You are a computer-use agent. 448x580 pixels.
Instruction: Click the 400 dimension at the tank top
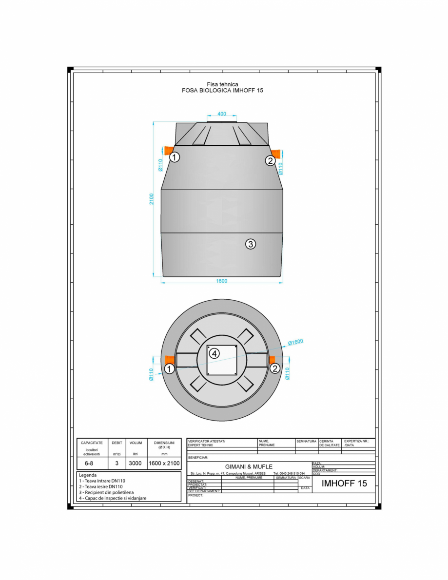pos(222,114)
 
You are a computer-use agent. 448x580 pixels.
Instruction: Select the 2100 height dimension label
pos(152,199)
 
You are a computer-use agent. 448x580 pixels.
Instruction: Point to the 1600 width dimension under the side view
pos(222,281)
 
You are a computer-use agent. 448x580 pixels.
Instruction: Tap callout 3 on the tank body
pos(250,244)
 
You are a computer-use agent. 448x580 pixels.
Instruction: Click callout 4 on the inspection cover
pos(214,354)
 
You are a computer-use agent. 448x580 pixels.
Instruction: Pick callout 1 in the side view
pos(175,157)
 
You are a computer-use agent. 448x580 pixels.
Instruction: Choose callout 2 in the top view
pos(274,368)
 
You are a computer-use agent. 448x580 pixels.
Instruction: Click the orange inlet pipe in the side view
pos(168,150)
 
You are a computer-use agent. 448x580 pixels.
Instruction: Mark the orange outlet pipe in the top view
pos(272,359)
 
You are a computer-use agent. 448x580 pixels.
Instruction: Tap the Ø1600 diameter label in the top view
pos(295,342)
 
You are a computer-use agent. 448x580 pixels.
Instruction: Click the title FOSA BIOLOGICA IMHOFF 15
pos(222,91)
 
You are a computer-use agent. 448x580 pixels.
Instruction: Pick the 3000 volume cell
pos(135,463)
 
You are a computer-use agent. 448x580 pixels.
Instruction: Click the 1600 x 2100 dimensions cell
pos(164,463)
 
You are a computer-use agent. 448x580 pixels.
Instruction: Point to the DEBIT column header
pos(117,443)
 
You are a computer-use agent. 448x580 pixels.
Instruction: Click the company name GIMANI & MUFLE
pos(249,466)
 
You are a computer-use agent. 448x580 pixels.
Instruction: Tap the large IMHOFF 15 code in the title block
pos(344,483)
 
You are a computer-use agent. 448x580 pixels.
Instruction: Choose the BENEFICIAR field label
pos(198,458)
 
